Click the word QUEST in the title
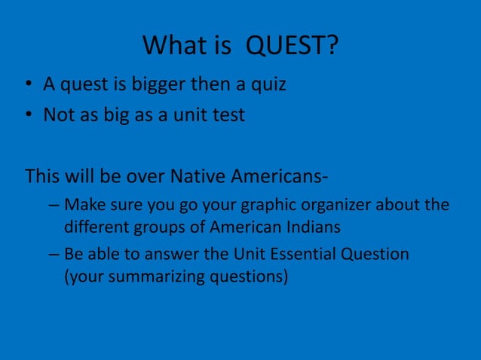pos(293,47)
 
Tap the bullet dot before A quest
pos(27,85)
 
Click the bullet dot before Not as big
pos(27,117)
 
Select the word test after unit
pos(228,116)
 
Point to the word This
pos(44,176)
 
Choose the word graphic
pos(267,205)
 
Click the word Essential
pos(301,254)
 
